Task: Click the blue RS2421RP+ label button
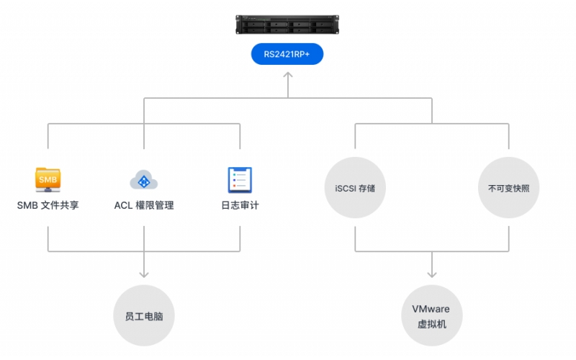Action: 287,55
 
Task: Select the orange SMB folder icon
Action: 48,179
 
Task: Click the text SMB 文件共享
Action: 48,205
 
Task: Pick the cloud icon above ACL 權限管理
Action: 144,180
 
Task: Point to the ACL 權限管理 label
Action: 144,205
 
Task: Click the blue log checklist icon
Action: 239,179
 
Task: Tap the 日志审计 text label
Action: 240,205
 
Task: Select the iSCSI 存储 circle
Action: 355,188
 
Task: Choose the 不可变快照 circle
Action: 508,188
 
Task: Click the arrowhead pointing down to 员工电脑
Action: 144,274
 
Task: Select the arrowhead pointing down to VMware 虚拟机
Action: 432,274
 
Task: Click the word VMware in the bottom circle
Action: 431,309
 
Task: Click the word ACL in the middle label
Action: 122,205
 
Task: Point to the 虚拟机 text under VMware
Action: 432,324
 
